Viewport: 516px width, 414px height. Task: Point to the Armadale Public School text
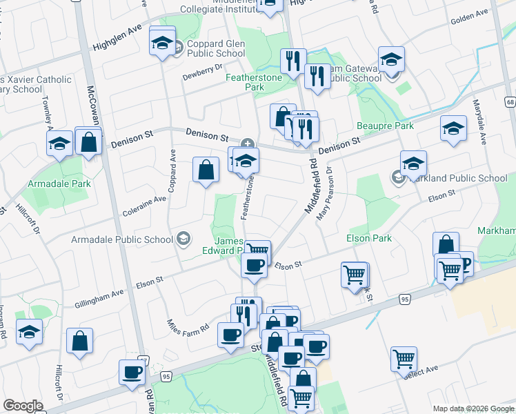click(122, 240)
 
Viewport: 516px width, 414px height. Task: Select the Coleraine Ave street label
click(143, 199)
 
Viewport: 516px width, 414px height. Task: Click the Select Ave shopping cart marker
click(404, 357)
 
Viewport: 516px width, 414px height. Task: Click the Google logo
click(22, 406)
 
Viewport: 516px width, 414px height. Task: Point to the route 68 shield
click(510, 102)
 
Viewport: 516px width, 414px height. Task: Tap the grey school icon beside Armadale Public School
click(183, 239)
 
